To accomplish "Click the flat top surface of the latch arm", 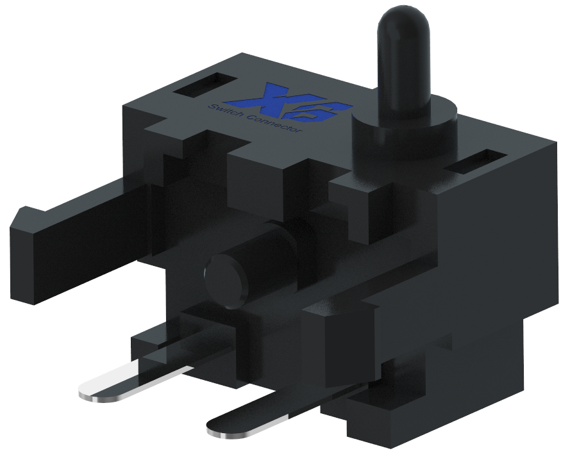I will coord(83,199).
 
